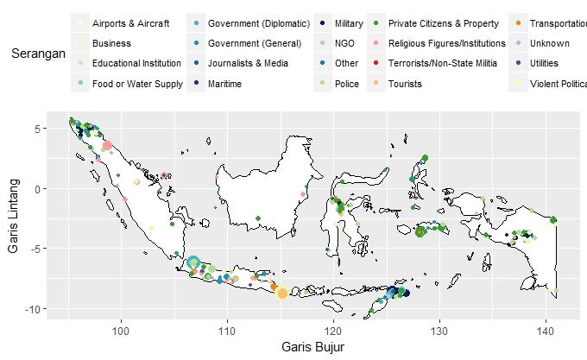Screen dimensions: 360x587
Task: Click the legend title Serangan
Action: tap(39, 54)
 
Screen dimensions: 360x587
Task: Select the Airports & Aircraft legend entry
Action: tap(130, 22)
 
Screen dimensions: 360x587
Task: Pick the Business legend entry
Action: tap(111, 43)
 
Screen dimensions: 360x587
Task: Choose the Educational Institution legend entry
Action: tap(136, 64)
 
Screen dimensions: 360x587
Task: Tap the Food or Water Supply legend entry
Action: tap(137, 85)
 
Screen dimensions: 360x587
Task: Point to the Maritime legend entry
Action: tap(224, 85)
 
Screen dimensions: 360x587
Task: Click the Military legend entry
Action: tap(349, 22)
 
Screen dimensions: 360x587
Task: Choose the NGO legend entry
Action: tap(344, 43)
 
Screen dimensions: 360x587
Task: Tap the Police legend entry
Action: tap(346, 85)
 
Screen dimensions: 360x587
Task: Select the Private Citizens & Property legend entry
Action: tap(443, 22)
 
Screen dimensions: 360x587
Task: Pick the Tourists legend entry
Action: tap(405, 85)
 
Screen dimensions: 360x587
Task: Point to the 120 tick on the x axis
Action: tap(333, 331)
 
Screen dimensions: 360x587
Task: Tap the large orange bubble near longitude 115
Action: tap(281, 294)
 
